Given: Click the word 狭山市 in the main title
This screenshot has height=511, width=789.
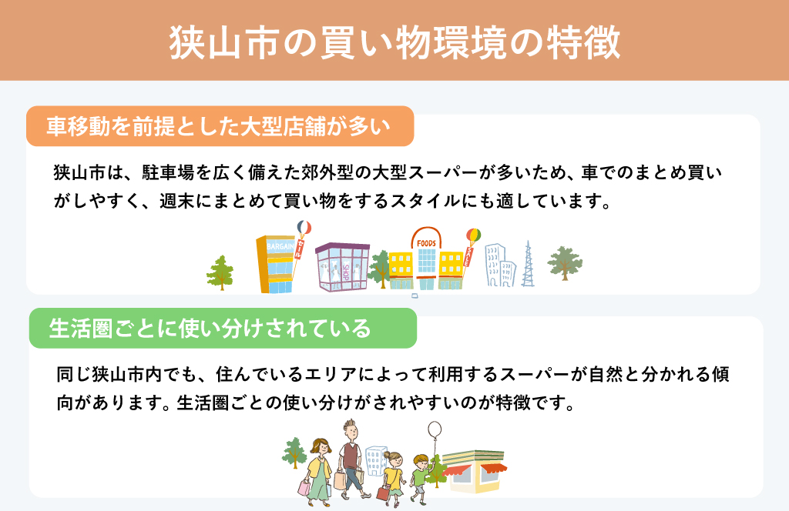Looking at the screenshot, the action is pos(224,42).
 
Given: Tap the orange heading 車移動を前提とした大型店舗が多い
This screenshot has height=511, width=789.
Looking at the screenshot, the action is pos(218,126).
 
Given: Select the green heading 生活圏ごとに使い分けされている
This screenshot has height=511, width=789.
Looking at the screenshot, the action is pos(210,328).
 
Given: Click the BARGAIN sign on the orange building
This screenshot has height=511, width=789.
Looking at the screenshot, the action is pos(280,246).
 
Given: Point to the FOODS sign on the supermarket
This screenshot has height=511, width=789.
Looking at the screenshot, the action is pos(426,243).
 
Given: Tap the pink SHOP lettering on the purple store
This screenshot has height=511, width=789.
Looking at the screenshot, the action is pos(346,273).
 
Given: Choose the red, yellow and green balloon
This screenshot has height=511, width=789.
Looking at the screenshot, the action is pos(474,235).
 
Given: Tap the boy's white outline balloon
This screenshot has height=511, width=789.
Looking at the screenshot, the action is pos(435,431).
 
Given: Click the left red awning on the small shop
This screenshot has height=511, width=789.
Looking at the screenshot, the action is pos(457,471).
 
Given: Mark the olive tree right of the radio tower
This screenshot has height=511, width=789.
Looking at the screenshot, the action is pos(565,262).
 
